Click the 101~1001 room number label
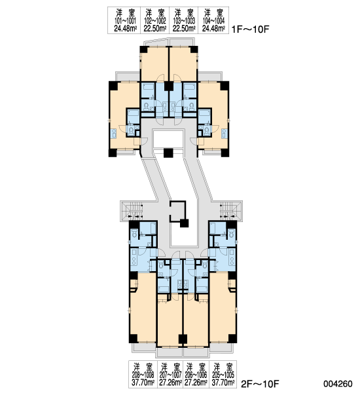[125, 20]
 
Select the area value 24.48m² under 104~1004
[213, 28]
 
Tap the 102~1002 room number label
[155, 20]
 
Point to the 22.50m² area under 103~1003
[184, 28]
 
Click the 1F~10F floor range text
[250, 29]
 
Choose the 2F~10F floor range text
[260, 383]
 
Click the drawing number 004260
[338, 383]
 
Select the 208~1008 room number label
[143, 375]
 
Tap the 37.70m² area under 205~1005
[223, 383]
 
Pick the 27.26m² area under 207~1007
[171, 383]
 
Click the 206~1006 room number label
[196, 375]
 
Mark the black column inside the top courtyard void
[168, 153]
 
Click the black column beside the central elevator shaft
[184, 223]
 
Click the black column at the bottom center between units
[183, 339]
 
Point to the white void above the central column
[168, 139]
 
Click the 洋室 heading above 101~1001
[125, 12]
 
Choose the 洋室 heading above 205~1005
[223, 367]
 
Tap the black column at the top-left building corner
[113, 85]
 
